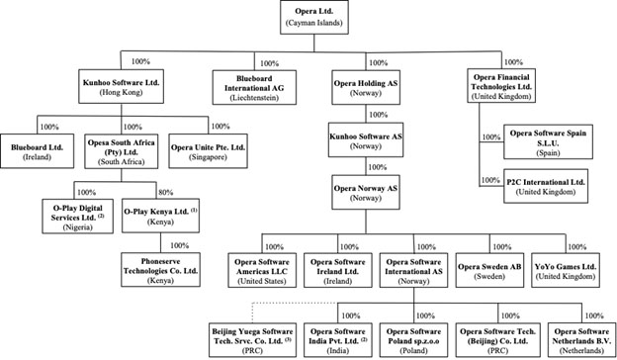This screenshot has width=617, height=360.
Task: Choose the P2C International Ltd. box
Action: [547, 185]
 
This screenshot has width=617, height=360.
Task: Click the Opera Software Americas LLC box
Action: [264, 265]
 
